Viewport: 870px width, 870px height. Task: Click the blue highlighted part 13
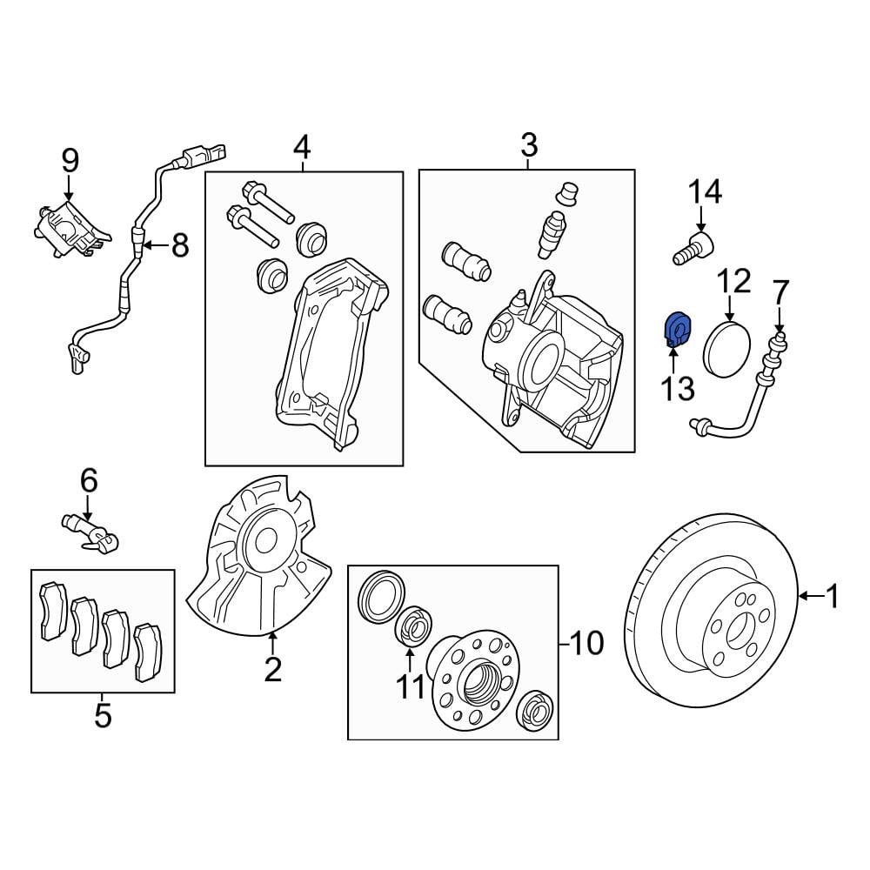click(x=676, y=331)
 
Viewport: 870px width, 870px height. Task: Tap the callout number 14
click(x=705, y=192)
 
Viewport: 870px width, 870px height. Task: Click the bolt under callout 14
click(x=693, y=250)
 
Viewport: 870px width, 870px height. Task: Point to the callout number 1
click(x=833, y=597)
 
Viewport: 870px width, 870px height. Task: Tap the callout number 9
click(x=70, y=161)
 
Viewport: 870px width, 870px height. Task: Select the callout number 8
click(x=180, y=244)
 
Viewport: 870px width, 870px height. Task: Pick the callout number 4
click(x=303, y=147)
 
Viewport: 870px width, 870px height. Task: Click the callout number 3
click(x=529, y=145)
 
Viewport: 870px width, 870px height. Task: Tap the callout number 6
click(x=89, y=480)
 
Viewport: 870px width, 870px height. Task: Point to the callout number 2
click(x=272, y=670)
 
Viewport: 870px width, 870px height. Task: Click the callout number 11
click(x=410, y=687)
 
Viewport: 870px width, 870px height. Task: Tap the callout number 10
click(x=586, y=644)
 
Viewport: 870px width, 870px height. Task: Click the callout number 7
click(x=780, y=291)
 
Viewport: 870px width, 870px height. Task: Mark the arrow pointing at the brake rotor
click(x=811, y=597)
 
